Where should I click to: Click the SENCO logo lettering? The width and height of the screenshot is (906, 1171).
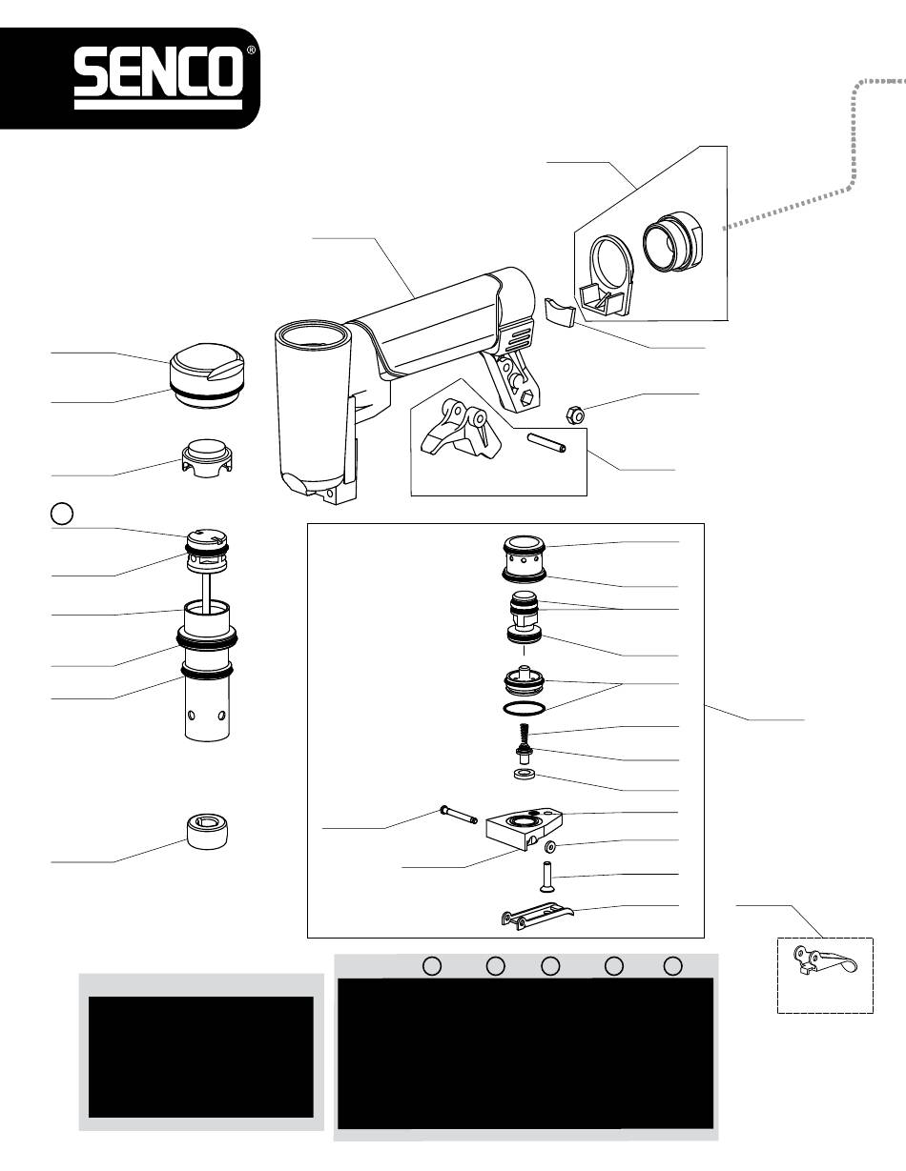(x=158, y=73)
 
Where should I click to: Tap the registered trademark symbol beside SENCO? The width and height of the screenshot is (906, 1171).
(x=252, y=50)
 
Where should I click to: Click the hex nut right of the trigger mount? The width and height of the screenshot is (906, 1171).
(x=575, y=415)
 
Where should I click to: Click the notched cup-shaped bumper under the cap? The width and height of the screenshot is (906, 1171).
(x=208, y=458)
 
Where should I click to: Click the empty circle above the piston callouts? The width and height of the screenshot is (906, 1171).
(x=61, y=514)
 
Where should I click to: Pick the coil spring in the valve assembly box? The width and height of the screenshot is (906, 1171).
(x=523, y=733)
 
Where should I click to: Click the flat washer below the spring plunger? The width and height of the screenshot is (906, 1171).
(x=524, y=775)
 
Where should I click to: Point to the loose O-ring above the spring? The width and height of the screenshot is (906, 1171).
(x=524, y=708)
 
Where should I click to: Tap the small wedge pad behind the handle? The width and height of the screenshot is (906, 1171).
(x=561, y=312)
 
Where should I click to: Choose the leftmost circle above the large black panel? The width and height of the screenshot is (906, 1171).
(x=431, y=966)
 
